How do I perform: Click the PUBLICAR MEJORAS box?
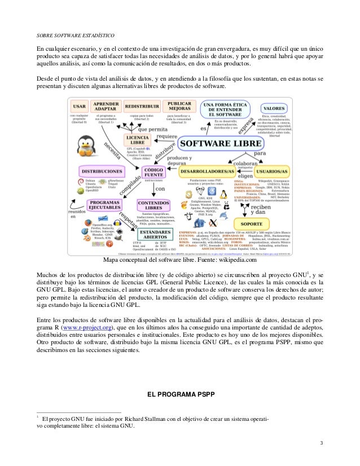[182, 107]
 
